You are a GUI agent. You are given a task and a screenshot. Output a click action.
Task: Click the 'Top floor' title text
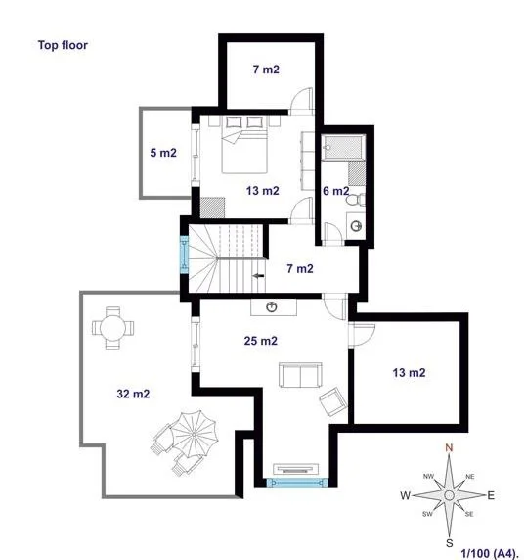click(63, 45)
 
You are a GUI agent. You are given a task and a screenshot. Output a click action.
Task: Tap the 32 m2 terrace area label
click(133, 394)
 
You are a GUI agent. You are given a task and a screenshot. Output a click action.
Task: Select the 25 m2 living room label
click(261, 341)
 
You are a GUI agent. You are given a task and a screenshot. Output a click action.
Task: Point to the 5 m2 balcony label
click(163, 153)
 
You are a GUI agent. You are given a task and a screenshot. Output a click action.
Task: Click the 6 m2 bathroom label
click(336, 191)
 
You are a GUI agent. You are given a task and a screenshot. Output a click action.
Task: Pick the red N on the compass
click(449, 447)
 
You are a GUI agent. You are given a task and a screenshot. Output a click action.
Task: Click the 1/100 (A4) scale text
click(489, 553)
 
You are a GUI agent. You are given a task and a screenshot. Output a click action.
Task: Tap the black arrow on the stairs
click(259, 276)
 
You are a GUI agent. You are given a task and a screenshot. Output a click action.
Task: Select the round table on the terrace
click(112, 328)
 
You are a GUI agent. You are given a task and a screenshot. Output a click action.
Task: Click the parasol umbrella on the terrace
click(194, 434)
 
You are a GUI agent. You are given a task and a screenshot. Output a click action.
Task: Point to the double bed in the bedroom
click(244, 145)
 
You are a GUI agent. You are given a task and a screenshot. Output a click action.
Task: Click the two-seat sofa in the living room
click(300, 375)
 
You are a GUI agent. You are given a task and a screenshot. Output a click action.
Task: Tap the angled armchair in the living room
click(333, 401)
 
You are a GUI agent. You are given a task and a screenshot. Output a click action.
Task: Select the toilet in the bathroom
click(356, 200)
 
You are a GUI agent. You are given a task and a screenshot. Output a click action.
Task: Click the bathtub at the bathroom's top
click(343, 147)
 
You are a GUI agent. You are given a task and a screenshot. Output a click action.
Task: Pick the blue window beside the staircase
click(184, 255)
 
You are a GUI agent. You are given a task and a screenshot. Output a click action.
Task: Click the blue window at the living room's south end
click(297, 483)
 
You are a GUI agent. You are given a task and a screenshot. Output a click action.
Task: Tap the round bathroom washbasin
click(357, 226)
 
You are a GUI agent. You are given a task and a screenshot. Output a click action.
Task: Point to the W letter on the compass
click(405, 495)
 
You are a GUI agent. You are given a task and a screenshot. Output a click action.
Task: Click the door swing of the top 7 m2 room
click(301, 101)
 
